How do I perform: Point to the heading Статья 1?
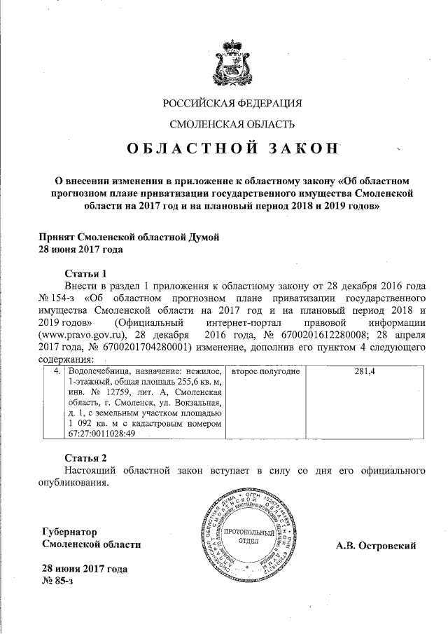click(85, 273)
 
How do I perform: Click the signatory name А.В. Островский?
click(376, 546)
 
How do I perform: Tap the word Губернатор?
click(71, 532)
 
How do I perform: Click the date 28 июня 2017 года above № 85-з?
click(84, 569)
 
